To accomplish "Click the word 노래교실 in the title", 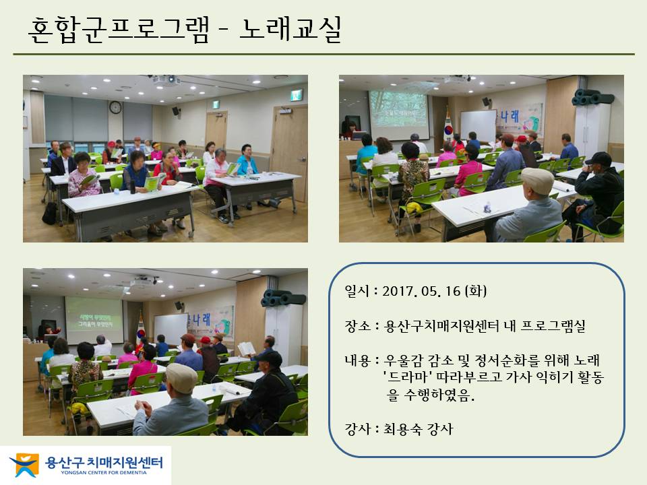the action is coord(290,29).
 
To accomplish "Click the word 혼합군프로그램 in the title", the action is coord(119,29).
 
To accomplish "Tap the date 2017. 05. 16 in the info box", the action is coord(421,291).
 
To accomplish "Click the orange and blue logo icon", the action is coord(25,465).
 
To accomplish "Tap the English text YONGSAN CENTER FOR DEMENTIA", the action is coord(104,473).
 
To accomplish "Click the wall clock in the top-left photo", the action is coord(115,107).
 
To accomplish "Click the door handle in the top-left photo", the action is coord(303,159).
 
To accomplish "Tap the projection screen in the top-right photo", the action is coord(398,109).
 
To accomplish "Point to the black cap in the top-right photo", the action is coord(598,159).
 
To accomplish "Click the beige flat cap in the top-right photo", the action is coord(537,179).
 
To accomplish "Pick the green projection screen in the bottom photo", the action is coord(94,319).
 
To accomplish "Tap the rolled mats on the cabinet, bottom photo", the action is coord(284,298).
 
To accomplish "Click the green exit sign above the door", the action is coord(296,95).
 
